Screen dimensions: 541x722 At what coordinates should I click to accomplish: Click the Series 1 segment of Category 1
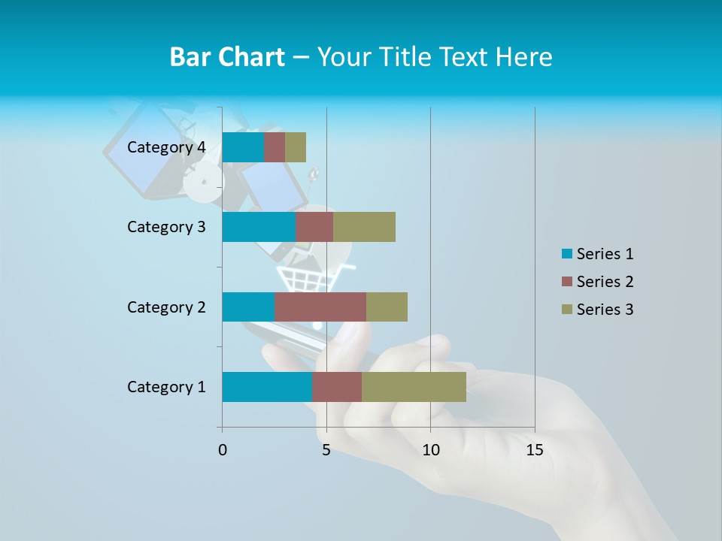pos(267,387)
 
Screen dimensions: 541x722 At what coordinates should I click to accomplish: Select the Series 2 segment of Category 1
pos(337,387)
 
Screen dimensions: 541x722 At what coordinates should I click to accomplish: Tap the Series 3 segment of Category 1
pos(414,387)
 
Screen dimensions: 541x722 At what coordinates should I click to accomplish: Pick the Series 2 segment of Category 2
pos(320,307)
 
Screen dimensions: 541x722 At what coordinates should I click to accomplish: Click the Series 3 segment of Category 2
pos(387,307)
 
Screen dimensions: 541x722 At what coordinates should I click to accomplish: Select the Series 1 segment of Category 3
pos(259,227)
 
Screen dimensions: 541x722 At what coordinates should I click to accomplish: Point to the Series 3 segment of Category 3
pos(364,227)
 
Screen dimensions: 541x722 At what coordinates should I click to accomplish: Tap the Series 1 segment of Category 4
pos(243,147)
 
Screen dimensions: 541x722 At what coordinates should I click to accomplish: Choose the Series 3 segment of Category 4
pos(296,147)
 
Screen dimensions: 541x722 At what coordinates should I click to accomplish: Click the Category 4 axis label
pos(166,147)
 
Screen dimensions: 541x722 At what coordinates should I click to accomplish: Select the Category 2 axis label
pos(166,307)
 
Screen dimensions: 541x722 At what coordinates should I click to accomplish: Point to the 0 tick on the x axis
pos(223,450)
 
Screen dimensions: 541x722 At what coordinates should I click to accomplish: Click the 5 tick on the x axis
pos(326,450)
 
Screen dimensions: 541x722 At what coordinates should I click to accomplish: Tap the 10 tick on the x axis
pos(430,450)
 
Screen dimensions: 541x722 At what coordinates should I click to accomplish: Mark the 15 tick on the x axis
pos(535,450)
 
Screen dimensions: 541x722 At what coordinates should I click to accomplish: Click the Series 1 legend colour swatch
pos(566,254)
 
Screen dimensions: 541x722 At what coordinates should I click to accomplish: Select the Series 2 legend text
pos(605,282)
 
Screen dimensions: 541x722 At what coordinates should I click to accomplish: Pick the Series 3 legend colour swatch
pos(566,310)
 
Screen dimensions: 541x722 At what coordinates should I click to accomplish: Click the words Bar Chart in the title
pos(227,57)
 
